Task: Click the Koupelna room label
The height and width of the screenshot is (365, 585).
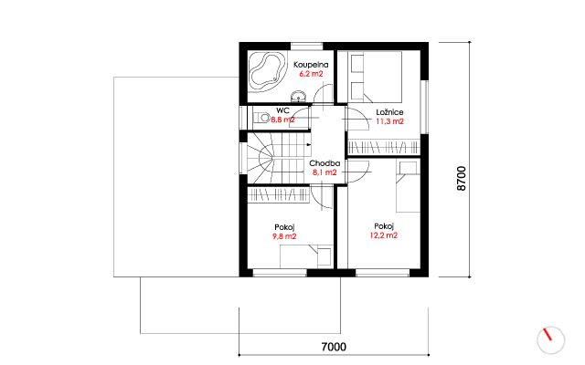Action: pos(311,65)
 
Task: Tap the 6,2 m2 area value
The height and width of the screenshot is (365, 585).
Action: pos(311,74)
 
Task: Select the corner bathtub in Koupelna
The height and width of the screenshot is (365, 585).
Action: pos(267,71)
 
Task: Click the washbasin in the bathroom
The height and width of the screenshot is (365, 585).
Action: pos(298,96)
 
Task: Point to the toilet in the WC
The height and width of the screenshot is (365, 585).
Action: pos(262,118)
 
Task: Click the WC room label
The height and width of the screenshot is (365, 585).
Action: pos(282,110)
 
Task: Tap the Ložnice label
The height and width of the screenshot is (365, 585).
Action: pos(389,112)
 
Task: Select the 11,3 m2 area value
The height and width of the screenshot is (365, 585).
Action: pos(389,121)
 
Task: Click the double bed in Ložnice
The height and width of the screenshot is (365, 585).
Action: pos(375,77)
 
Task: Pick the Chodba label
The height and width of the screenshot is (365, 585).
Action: pos(324,163)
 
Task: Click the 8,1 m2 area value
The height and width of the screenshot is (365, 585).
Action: pos(324,172)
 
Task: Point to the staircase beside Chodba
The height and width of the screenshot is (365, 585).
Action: pos(279,158)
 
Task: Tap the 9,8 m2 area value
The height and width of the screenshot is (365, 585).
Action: pos(284,236)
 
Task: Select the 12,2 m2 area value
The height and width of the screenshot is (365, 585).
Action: pos(384,235)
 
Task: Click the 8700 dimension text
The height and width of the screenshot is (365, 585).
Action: pos(462,179)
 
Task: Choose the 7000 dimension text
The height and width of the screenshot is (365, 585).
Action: pos(334,347)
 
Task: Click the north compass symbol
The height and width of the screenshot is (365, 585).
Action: pos(550,339)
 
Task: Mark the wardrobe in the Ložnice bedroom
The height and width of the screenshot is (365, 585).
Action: pos(384,148)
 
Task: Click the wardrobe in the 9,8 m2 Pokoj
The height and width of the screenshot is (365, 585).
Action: pos(278,195)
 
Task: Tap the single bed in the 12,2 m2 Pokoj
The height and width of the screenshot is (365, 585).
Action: pos(409,187)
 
